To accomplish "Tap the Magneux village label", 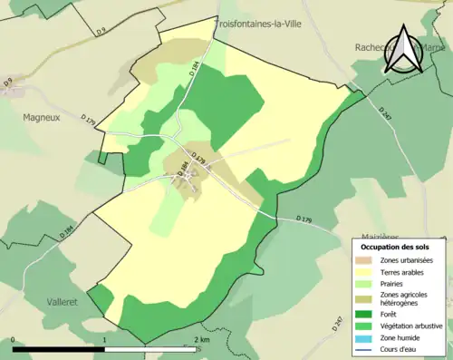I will pos(43,116).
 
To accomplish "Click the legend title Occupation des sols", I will pos(395,247).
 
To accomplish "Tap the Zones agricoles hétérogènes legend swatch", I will pos(366,297).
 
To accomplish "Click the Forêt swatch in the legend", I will pos(366,315).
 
